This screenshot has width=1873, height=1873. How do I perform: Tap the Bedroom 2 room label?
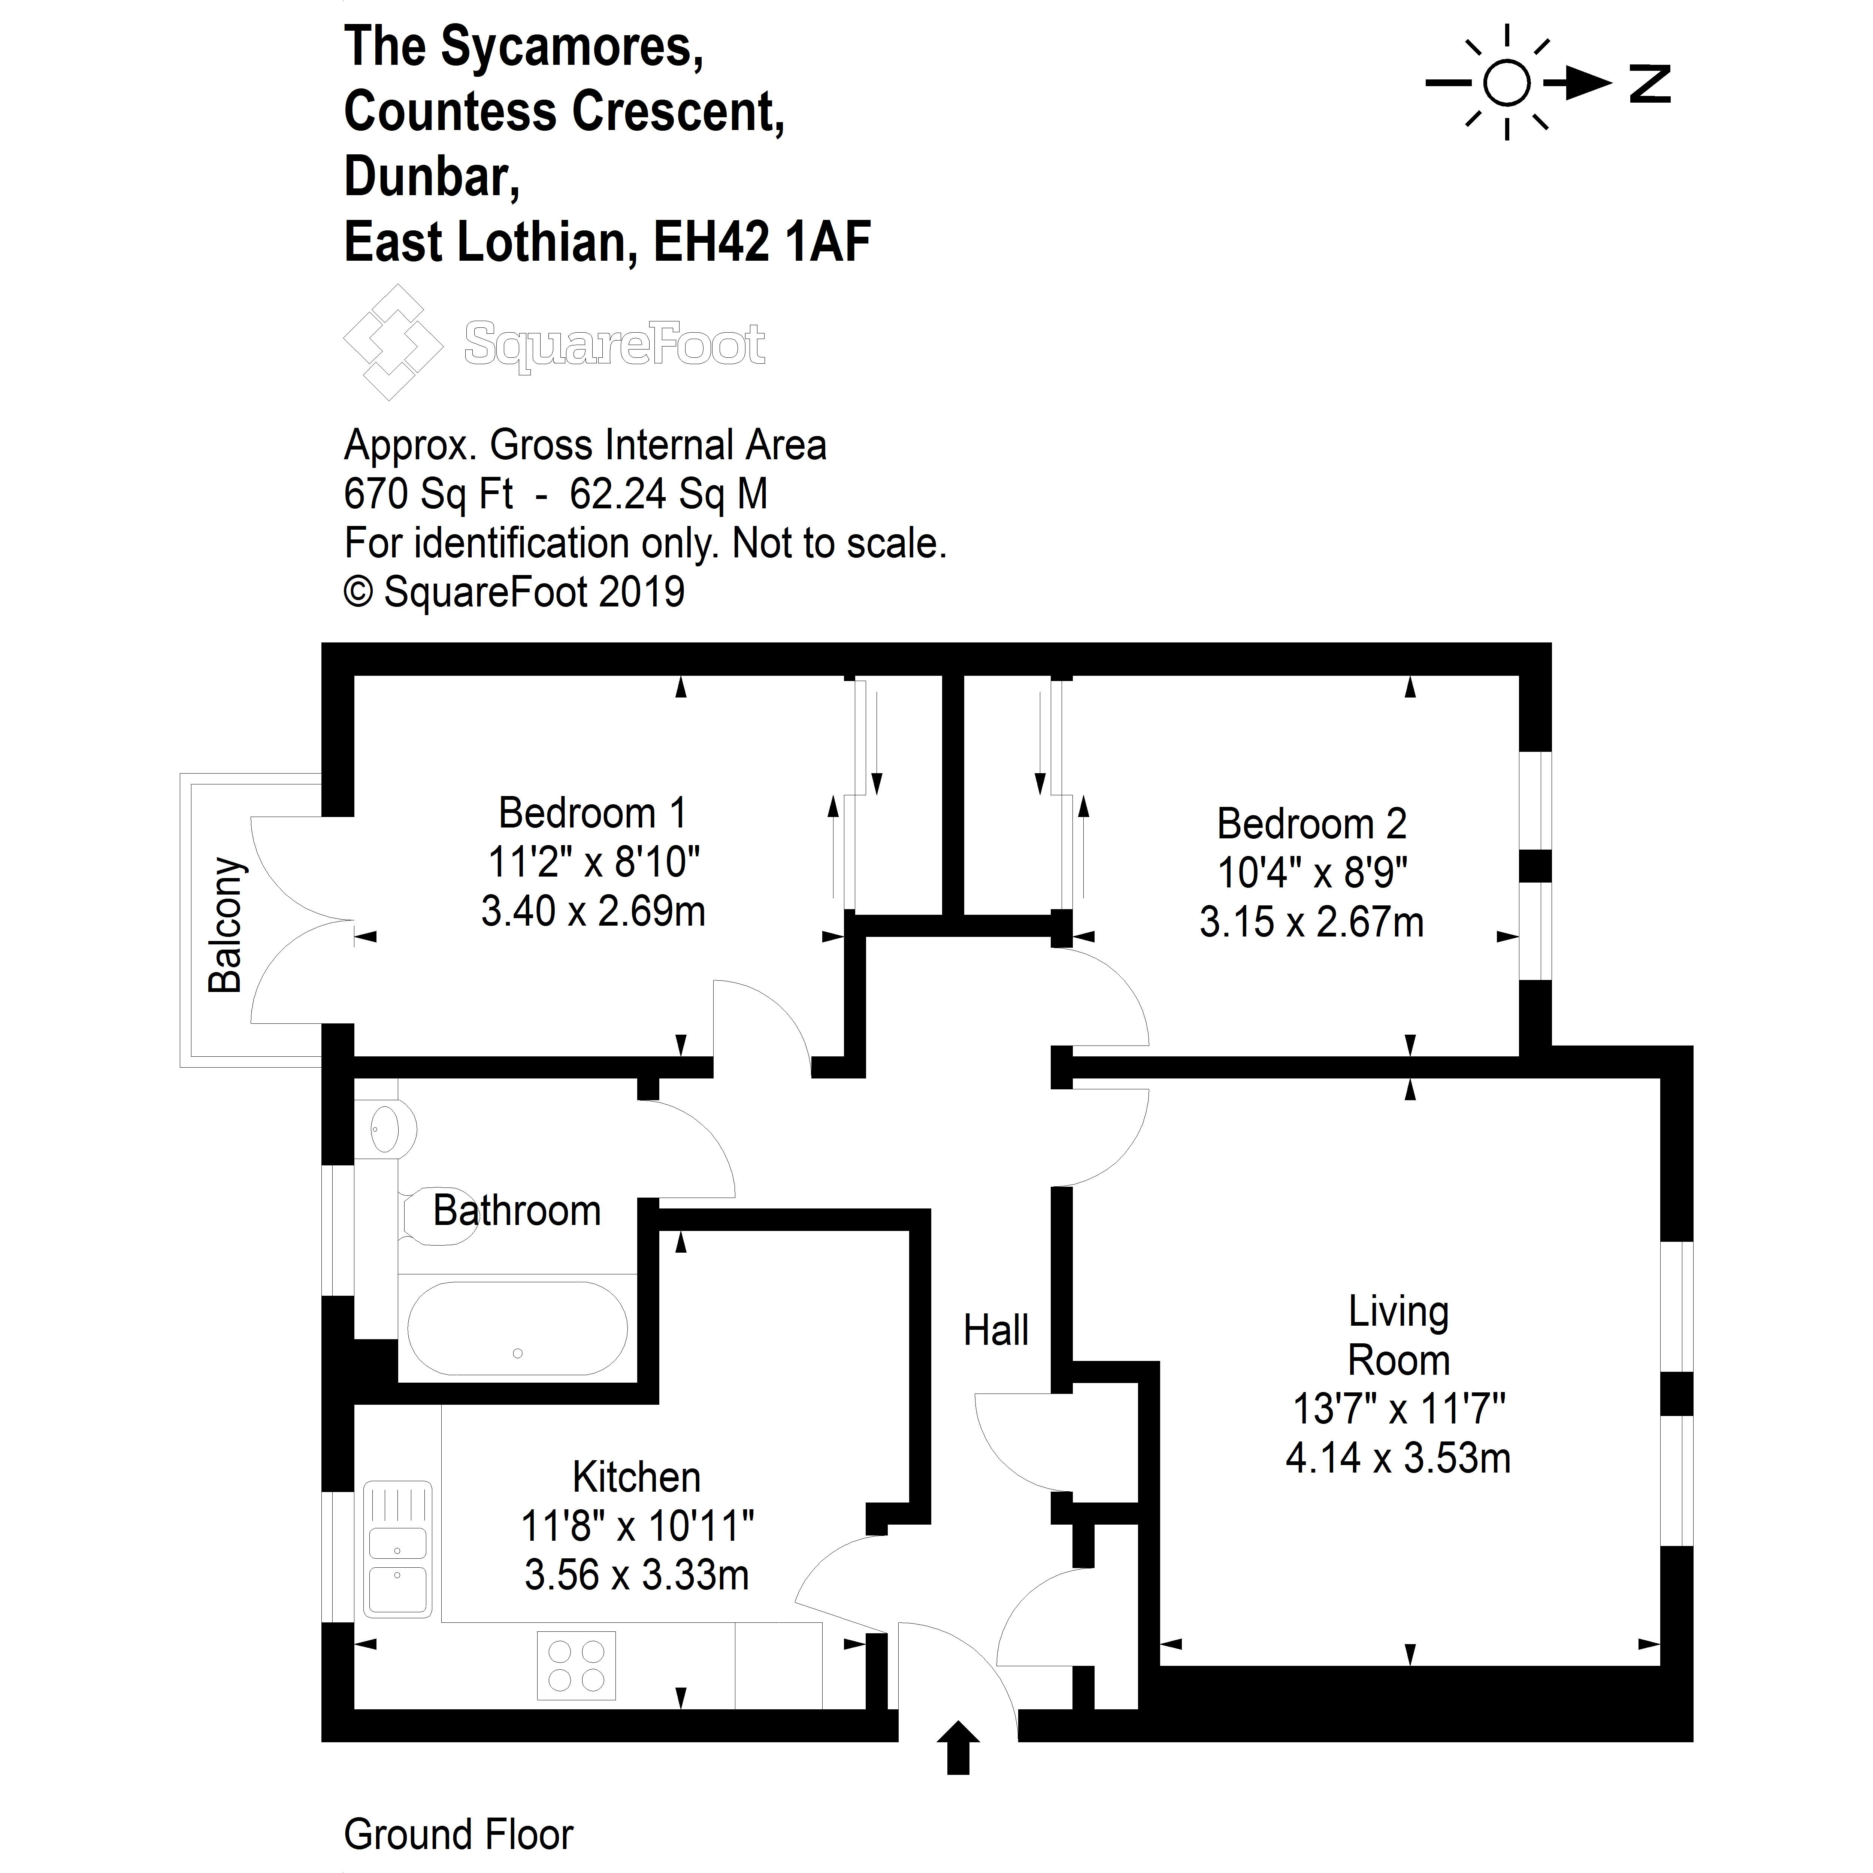pyautogui.click(x=1311, y=824)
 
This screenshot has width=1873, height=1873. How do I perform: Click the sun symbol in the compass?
pyautogui.click(x=1507, y=84)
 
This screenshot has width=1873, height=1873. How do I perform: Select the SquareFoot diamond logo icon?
pyautogui.click(x=393, y=342)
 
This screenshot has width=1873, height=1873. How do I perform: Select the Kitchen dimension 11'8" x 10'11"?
pyautogui.click(x=637, y=1526)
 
